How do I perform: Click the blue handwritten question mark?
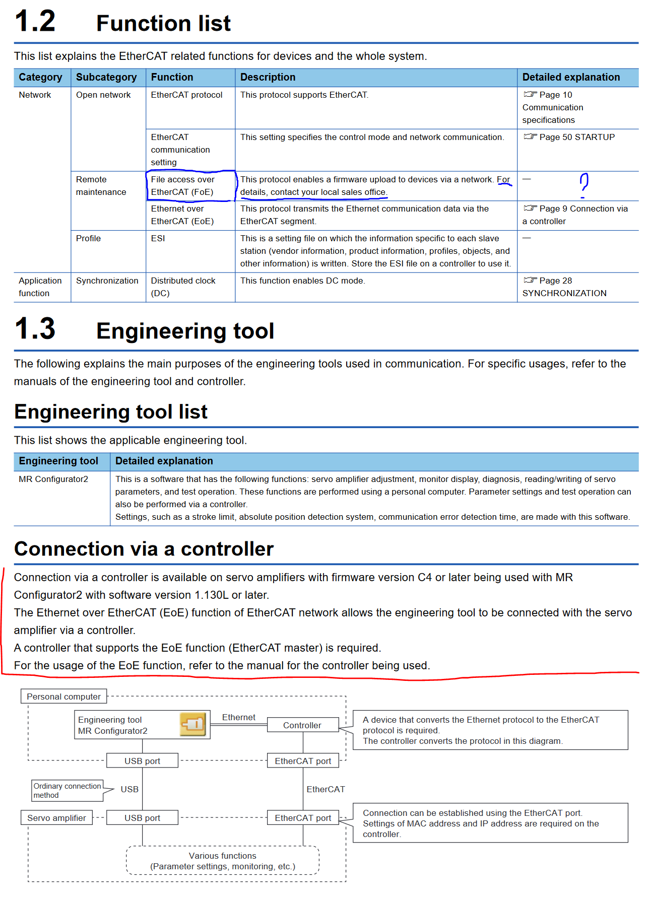pyautogui.click(x=584, y=185)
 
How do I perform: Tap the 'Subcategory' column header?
pyautogui.click(x=106, y=77)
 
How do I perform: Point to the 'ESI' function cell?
pyautogui.click(x=158, y=238)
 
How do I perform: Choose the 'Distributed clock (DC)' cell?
pyautogui.click(x=183, y=287)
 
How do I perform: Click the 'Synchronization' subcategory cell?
pyautogui.click(x=107, y=281)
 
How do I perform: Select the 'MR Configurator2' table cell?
pyautogui.click(x=53, y=479)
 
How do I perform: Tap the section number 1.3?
pyautogui.click(x=35, y=329)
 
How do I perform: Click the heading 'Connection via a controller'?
pyautogui.click(x=144, y=549)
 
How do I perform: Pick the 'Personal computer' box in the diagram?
pyautogui.click(x=63, y=697)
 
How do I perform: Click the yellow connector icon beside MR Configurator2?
pyautogui.click(x=193, y=725)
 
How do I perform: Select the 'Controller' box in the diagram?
pyautogui.click(x=302, y=725)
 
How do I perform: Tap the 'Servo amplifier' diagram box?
pyautogui.click(x=56, y=818)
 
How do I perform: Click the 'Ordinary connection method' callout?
pyautogui.click(x=67, y=790)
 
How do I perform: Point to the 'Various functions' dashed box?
pyautogui.click(x=223, y=861)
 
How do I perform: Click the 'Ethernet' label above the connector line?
pyautogui.click(x=238, y=717)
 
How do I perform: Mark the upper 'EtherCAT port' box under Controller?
pyautogui.click(x=303, y=761)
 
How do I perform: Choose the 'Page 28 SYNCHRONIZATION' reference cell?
pyautogui.click(x=564, y=287)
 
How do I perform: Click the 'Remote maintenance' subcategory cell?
pyautogui.click(x=101, y=186)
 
